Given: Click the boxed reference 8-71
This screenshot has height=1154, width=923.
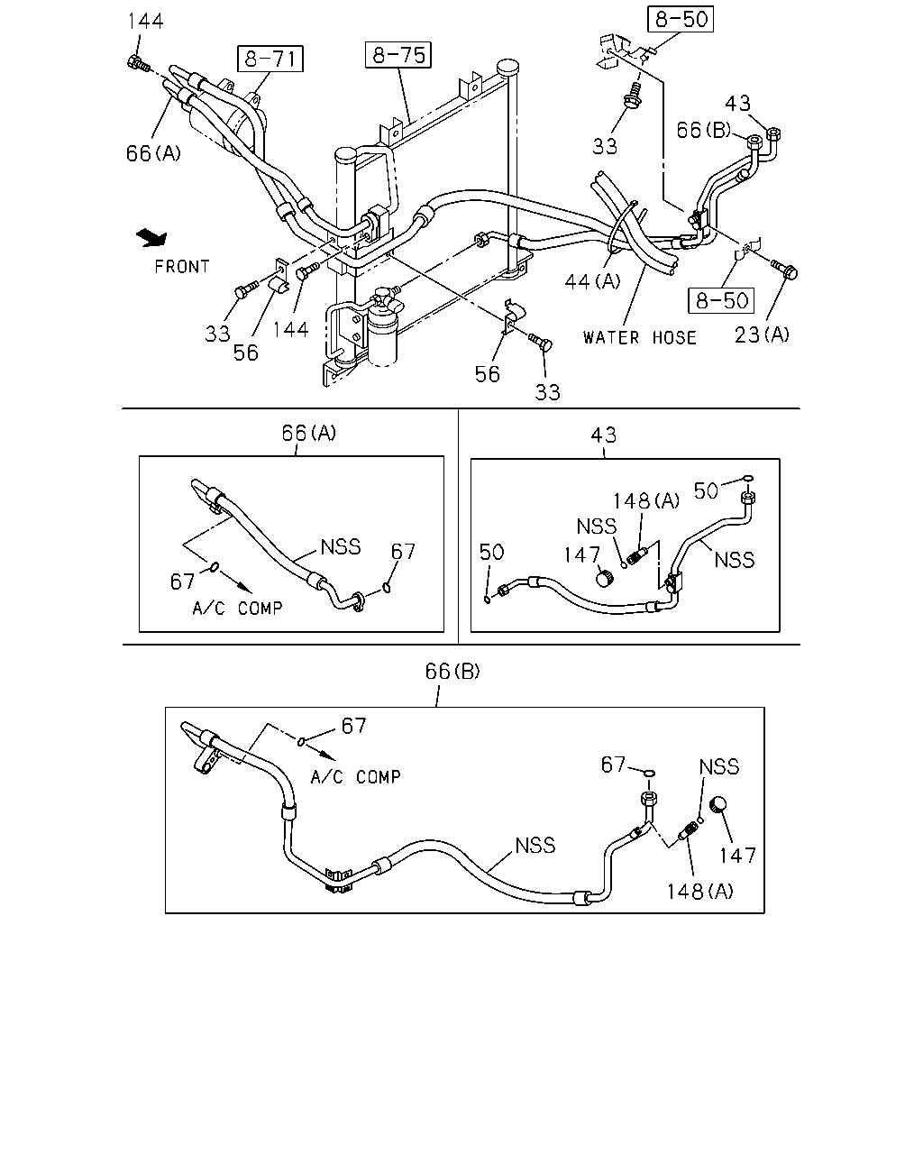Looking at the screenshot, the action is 270,59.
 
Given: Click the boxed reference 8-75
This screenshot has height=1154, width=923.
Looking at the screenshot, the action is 398,55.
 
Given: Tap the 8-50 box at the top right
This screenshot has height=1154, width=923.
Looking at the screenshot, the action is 681,19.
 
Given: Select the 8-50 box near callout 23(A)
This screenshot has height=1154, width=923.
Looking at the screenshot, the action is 721,300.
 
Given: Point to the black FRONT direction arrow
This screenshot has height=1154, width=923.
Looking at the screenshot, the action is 152,237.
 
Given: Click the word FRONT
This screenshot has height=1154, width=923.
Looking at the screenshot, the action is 182,267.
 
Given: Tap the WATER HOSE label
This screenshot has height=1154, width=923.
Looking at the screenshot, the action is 640,338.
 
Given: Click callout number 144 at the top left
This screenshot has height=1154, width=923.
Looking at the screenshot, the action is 145,21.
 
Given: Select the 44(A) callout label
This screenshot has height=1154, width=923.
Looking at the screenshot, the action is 592,281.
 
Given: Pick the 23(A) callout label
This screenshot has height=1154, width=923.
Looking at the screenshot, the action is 762,335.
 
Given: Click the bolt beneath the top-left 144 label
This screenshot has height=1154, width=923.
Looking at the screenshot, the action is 137,65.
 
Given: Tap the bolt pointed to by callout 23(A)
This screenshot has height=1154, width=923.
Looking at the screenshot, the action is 785,270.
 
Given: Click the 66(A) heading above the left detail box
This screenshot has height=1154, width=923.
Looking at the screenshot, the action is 309,433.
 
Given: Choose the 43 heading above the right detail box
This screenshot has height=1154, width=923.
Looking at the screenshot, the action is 603,435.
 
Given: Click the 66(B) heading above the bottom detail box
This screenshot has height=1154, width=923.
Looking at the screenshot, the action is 452,671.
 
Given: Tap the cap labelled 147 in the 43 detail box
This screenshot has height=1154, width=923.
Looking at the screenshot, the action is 605,579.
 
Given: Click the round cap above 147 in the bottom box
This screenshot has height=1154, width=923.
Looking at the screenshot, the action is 718,805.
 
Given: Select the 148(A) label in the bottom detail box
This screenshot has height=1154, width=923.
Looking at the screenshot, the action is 699,892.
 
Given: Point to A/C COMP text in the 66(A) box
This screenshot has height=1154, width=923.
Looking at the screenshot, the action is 238,608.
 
